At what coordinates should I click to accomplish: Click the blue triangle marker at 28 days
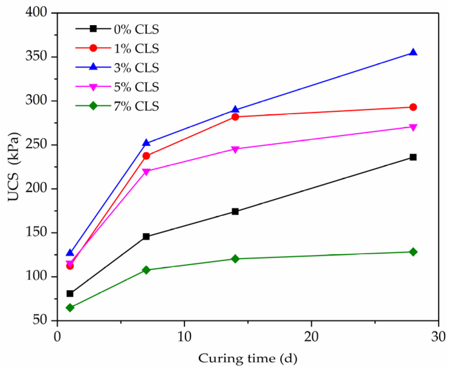tap(413, 52)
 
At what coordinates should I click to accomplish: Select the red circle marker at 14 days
tap(235, 117)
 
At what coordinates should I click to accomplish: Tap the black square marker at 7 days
tap(146, 237)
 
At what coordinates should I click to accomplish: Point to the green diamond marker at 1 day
tap(70, 308)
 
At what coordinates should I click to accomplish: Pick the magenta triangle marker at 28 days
tap(413, 127)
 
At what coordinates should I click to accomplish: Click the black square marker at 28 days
tap(413, 157)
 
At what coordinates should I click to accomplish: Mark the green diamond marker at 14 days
tap(235, 259)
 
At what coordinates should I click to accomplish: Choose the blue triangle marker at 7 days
tap(146, 143)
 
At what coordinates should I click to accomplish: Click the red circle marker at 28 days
tap(413, 107)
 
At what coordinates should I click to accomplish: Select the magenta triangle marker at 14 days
tap(235, 149)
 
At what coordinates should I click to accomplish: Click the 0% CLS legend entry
tap(136, 29)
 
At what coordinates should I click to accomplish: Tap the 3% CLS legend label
tap(136, 68)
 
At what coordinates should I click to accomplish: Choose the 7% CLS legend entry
tap(136, 106)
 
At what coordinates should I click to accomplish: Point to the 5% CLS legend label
tap(136, 87)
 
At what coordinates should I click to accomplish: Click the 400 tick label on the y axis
tap(36, 12)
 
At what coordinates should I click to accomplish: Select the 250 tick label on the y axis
tap(36, 145)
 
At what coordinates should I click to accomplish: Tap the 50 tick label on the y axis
tap(40, 320)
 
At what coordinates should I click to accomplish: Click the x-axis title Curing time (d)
tap(248, 359)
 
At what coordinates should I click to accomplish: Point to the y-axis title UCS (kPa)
tap(13, 167)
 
